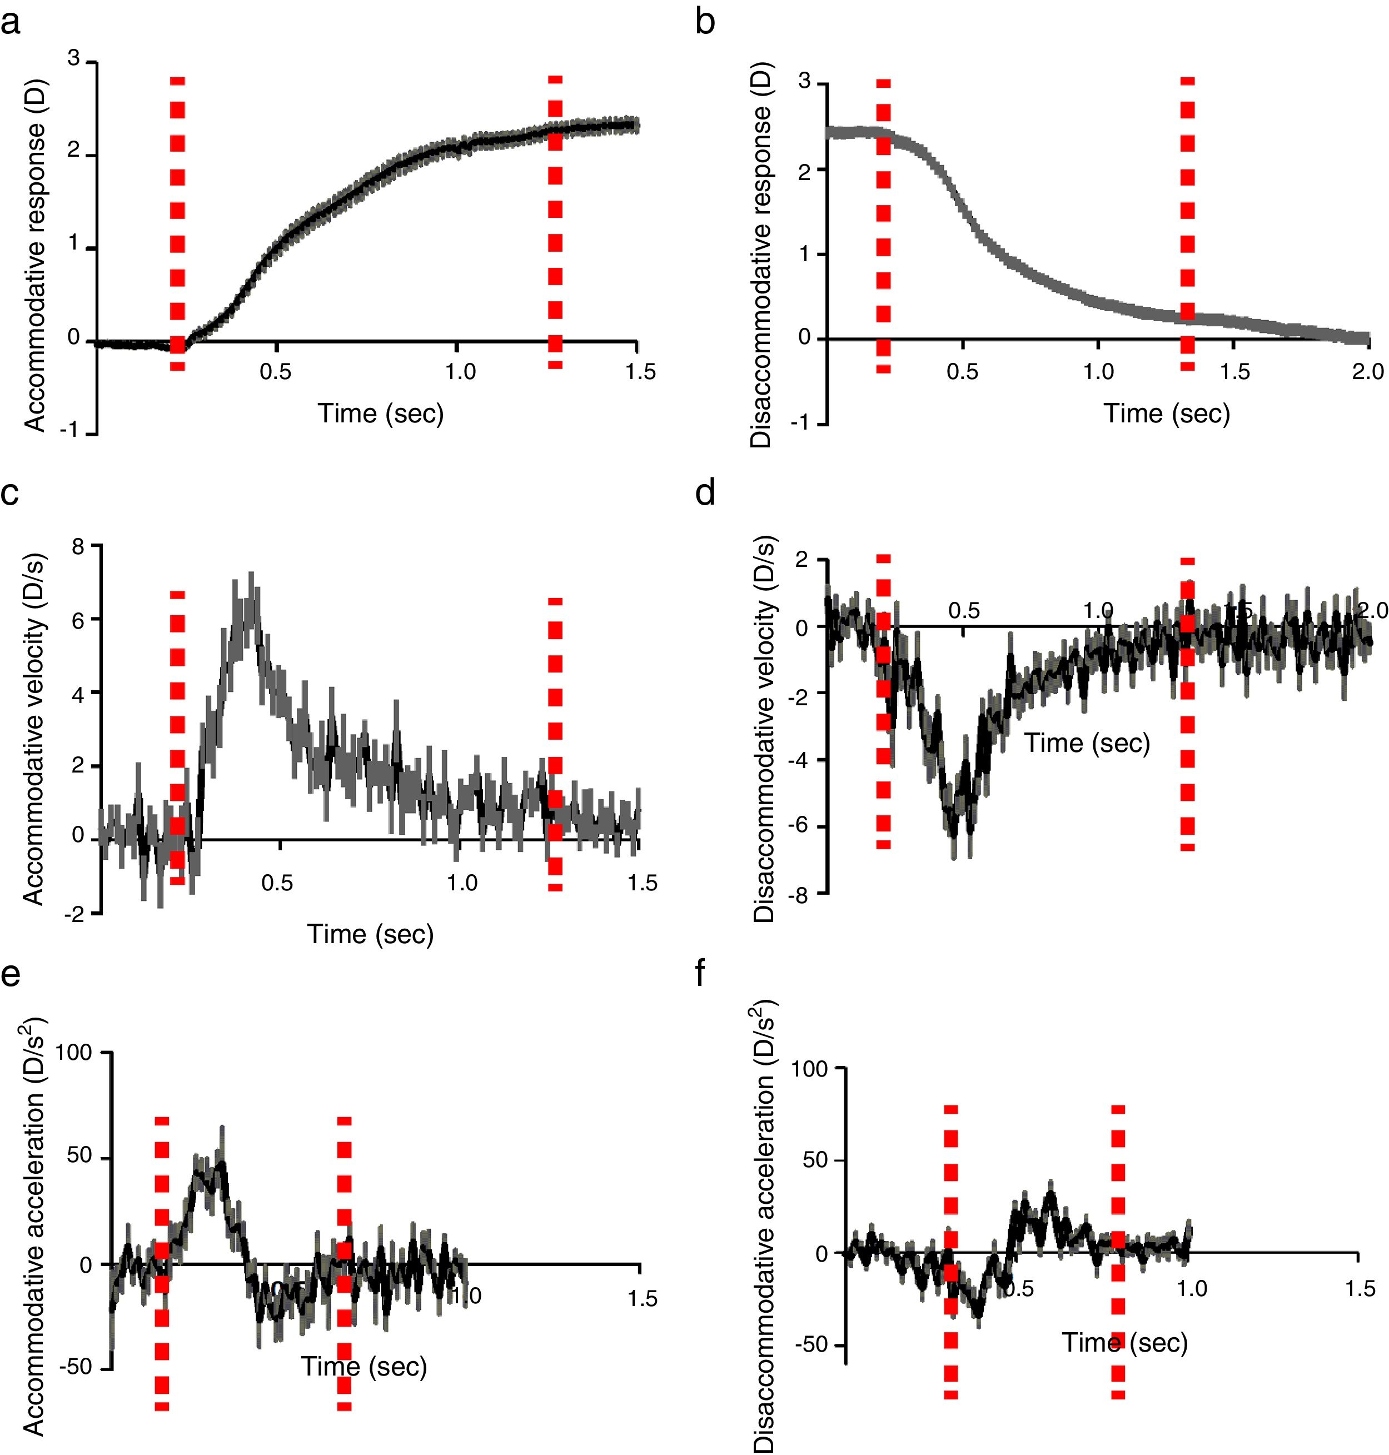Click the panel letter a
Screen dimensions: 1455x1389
tap(11, 24)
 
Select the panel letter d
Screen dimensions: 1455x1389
tap(705, 492)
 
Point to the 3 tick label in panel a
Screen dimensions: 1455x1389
tap(73, 58)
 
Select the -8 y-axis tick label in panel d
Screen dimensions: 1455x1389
tap(803, 895)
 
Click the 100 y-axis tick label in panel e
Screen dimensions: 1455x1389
tap(73, 1054)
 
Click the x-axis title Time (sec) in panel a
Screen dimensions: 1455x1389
tap(381, 413)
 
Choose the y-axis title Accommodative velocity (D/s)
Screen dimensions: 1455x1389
tap(34, 729)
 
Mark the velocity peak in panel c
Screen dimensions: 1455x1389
tap(252, 575)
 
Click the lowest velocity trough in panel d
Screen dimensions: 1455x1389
tap(954, 855)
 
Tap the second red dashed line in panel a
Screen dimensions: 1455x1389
tap(555, 222)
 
